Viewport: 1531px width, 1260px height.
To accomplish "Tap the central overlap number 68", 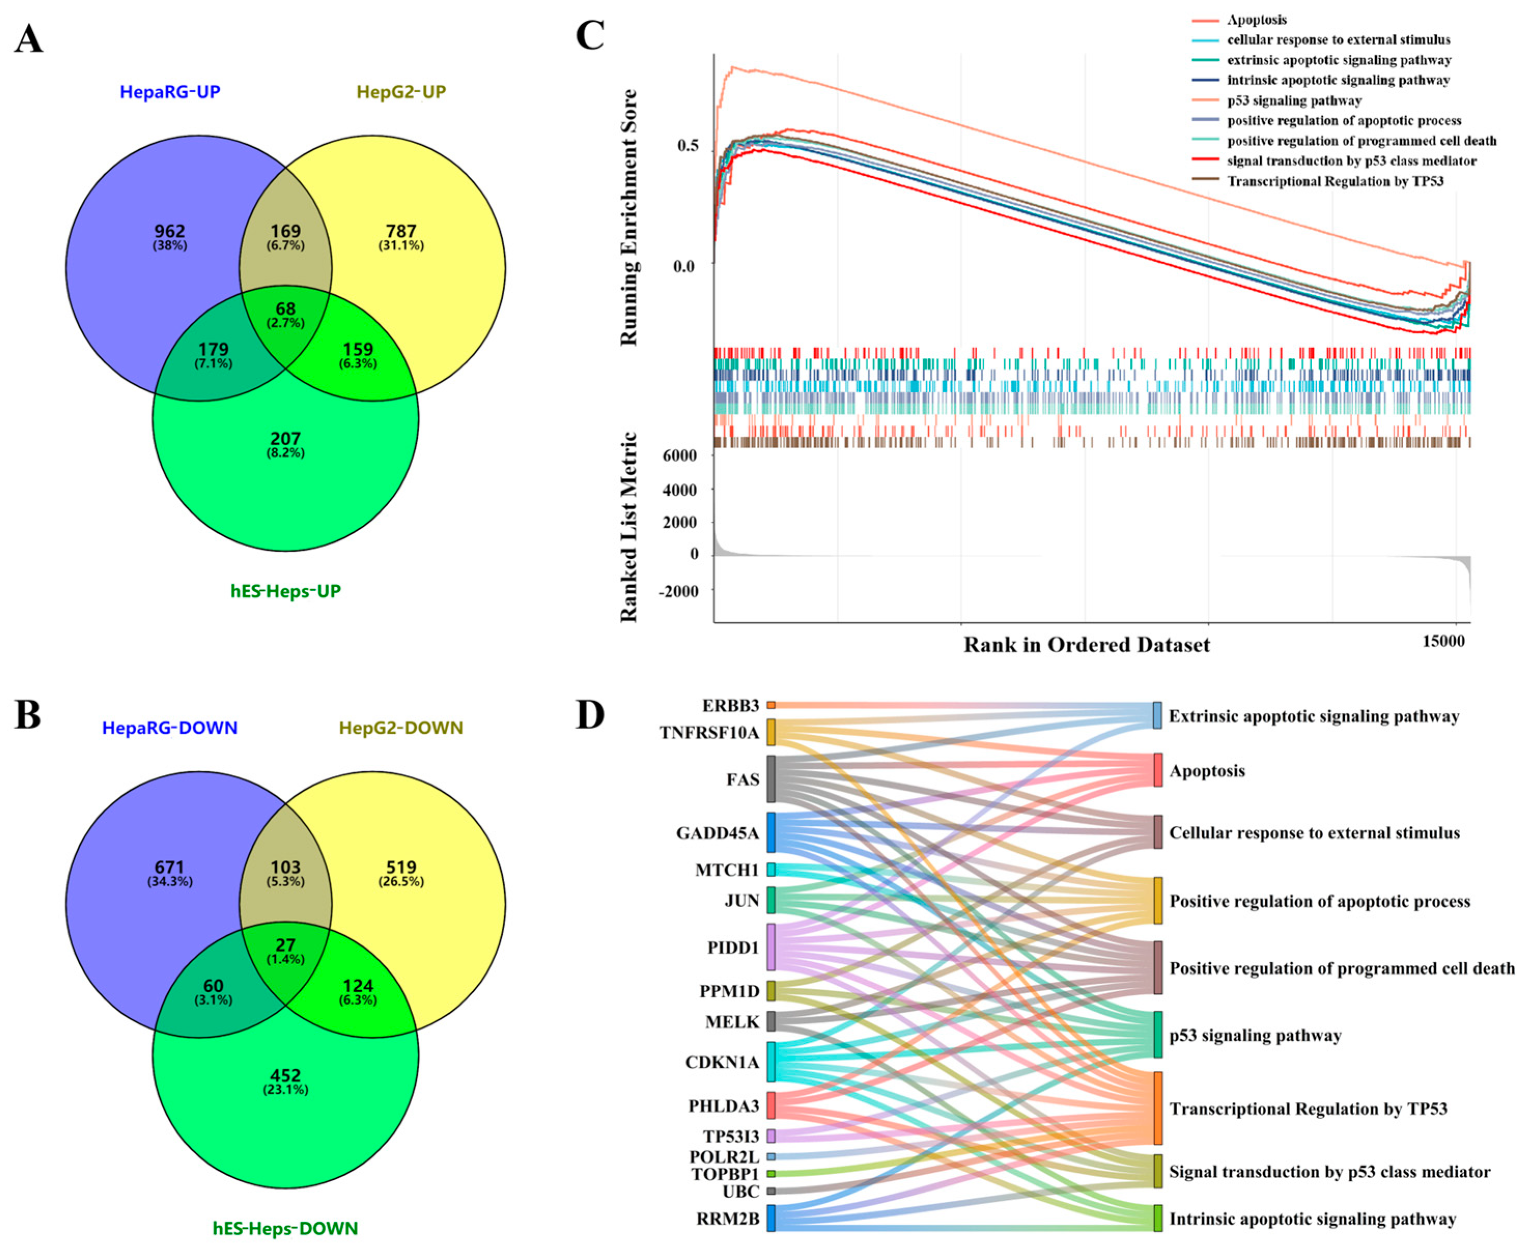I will pyautogui.click(x=285, y=309).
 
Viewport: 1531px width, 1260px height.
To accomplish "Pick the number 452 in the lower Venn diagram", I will pyautogui.click(x=285, y=1076).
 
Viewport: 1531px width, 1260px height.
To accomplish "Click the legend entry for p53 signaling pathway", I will pyautogui.click(x=1294, y=101).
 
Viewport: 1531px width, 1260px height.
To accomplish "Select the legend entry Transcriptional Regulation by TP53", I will pyautogui.click(x=1334, y=181).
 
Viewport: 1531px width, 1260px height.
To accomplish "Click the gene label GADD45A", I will pyautogui.click(x=717, y=833).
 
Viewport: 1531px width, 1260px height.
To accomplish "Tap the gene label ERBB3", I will pyautogui.click(x=730, y=706).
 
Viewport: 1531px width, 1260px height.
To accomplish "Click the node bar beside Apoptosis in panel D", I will pyautogui.click(x=1157, y=770).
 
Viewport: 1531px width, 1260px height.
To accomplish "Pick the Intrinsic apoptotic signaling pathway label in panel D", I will pyautogui.click(x=1312, y=1219).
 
